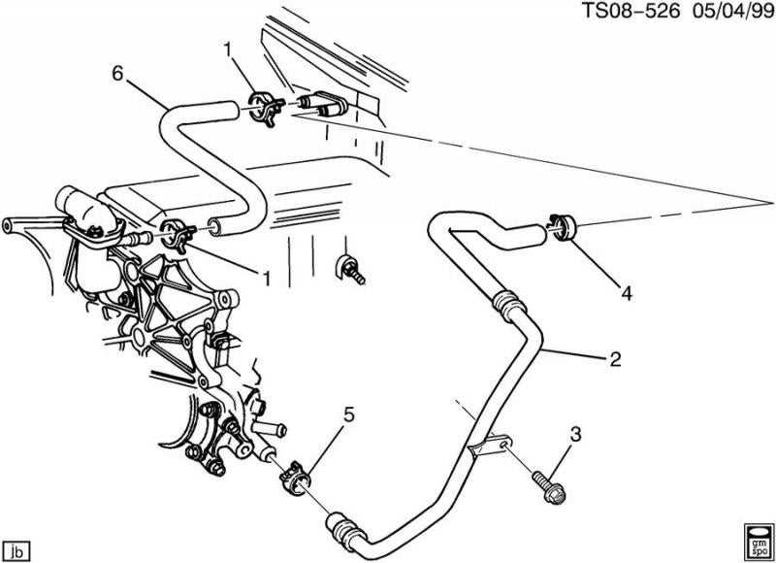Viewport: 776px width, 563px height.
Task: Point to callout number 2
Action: pos(614,360)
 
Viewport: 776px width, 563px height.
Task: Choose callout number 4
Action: pos(627,290)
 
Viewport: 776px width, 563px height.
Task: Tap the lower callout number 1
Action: pos(265,277)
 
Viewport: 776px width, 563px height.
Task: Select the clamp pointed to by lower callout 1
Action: pos(176,234)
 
